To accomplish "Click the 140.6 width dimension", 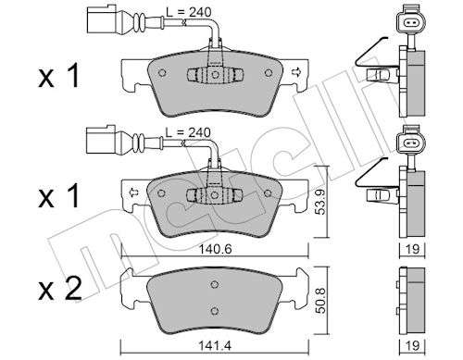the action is point(215,249).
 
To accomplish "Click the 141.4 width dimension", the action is point(215,345).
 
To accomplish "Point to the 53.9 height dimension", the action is point(321,202).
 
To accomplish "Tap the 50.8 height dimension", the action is point(321,301).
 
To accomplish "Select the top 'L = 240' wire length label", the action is point(188,12).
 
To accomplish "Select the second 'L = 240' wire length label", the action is point(188,132).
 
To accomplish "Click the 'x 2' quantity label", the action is point(60,290).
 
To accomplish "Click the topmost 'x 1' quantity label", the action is point(58,76).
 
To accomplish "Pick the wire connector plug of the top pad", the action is point(102,20).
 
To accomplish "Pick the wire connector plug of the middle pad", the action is point(101,141).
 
